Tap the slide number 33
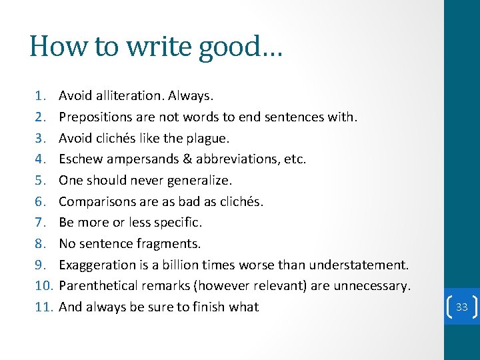462,307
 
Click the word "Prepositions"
96,117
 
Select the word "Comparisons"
97,201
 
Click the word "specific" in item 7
177,223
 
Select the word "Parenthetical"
100,286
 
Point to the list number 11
43,307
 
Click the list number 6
41,201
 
